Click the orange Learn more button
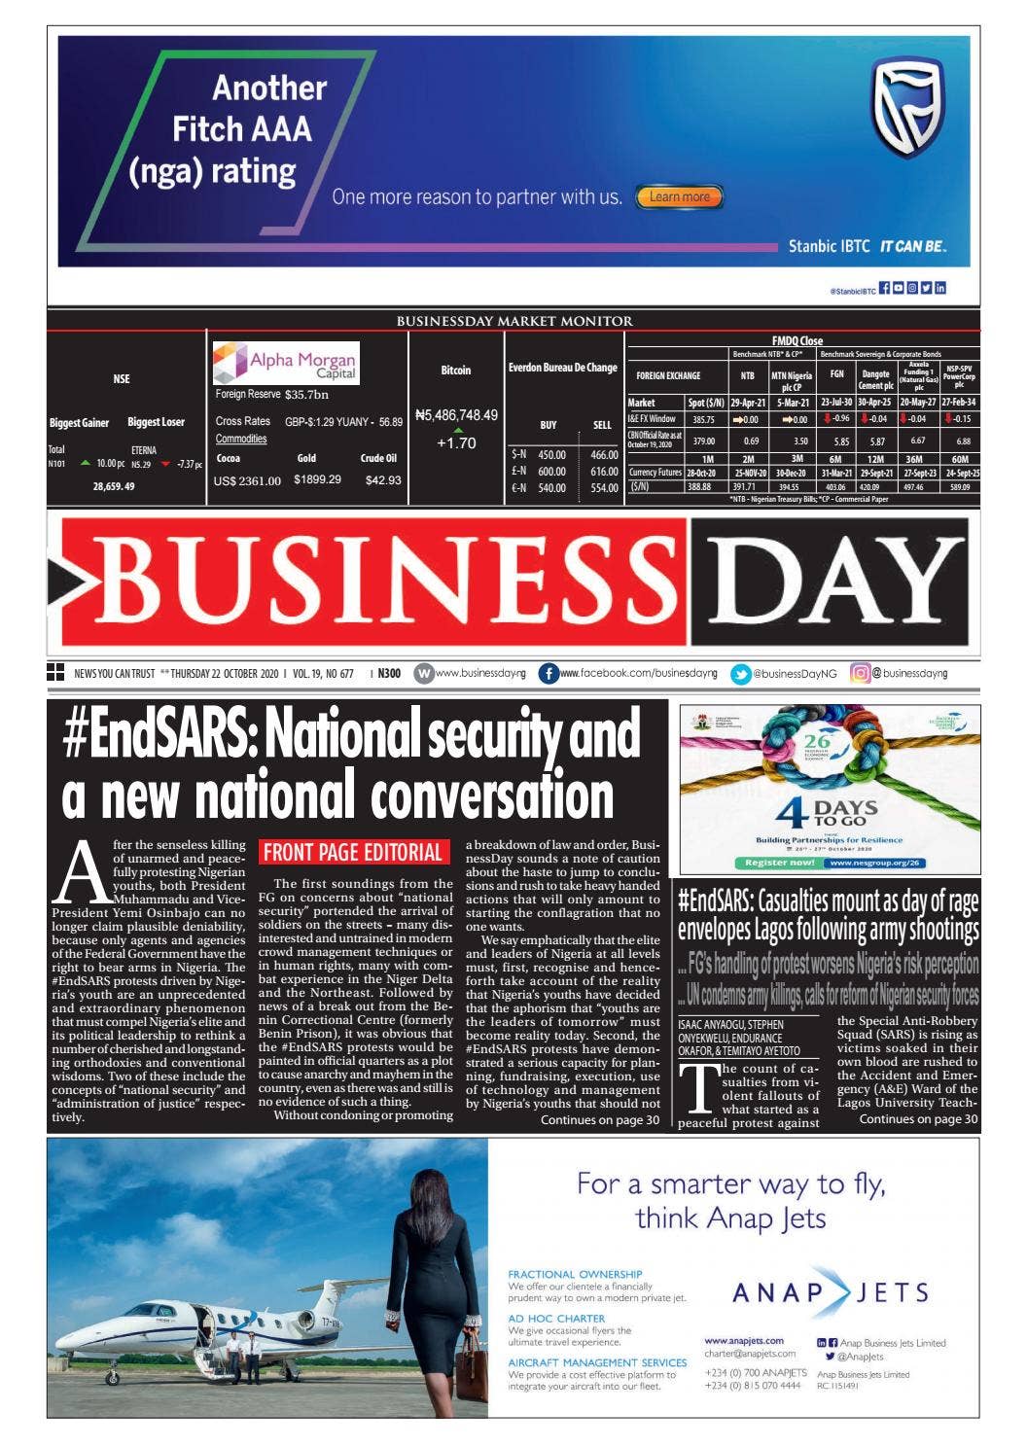coord(680,196)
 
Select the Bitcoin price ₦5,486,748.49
coord(456,415)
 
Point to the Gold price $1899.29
coord(317,479)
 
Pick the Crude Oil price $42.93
coord(381,479)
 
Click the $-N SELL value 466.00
coord(604,455)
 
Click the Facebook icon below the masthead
coord(549,673)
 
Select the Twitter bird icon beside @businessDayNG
coord(741,673)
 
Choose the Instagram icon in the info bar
coord(860,672)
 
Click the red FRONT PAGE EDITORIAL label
coord(353,853)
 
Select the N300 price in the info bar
coord(389,673)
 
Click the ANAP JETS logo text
coord(830,1292)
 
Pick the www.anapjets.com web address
coord(743,1340)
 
